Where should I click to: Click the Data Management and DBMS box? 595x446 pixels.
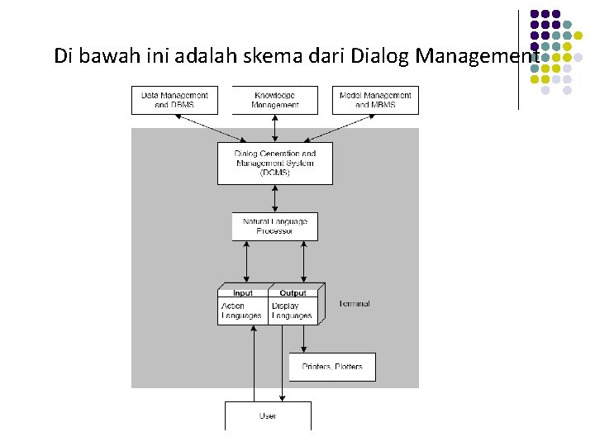[x=175, y=100]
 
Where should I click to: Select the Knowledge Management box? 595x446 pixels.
[x=275, y=100]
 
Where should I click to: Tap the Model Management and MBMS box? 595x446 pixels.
[x=375, y=100]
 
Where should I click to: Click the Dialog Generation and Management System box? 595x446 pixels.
[x=275, y=163]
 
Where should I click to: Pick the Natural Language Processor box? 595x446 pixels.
[x=275, y=226]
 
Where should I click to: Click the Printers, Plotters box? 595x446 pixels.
[x=332, y=367]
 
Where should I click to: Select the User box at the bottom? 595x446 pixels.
[x=268, y=415]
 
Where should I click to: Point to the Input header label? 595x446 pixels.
[x=243, y=293]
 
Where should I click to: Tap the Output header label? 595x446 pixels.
[x=293, y=293]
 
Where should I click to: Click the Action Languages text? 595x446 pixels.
[x=241, y=311]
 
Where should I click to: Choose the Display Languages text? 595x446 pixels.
[x=292, y=311]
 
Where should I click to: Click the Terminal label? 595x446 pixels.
[x=355, y=304]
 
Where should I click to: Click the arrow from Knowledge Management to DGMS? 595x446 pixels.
[x=275, y=128]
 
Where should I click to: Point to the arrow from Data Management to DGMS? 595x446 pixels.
[x=210, y=127]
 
